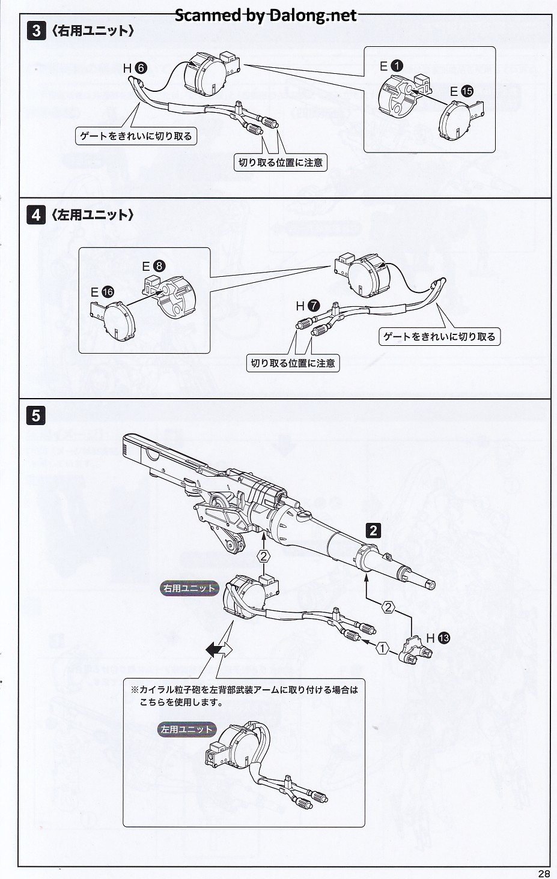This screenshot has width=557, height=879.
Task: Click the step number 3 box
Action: coord(36,31)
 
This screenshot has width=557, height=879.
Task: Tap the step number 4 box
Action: coord(36,214)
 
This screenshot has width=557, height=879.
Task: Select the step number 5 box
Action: coord(36,415)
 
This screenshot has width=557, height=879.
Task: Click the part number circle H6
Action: coord(140,68)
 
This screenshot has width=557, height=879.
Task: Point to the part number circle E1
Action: coord(398,66)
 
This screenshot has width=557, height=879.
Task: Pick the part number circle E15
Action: coord(467,91)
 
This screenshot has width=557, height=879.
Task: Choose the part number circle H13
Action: coord(443,638)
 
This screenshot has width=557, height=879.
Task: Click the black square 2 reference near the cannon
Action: coord(374,530)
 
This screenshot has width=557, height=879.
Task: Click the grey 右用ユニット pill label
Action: coord(189,588)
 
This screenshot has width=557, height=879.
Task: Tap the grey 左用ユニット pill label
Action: coord(187,729)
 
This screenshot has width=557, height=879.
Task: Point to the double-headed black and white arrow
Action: coord(218,649)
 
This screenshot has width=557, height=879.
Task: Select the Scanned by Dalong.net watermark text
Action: coord(266,15)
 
